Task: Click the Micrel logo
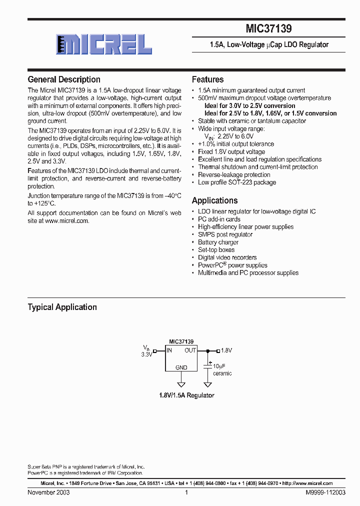pyautogui.click(x=104, y=44)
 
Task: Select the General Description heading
pyautogui.click(x=64, y=79)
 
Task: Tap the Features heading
pyautogui.click(x=207, y=79)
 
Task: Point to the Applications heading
pyautogui.click(x=214, y=200)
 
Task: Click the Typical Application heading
pyautogui.click(x=62, y=307)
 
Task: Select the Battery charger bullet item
pyautogui.click(x=218, y=242)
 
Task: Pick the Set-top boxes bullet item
pyautogui.click(x=216, y=249)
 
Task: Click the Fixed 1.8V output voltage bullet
pyautogui.click(x=231, y=151)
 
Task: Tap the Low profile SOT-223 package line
pyautogui.click(x=237, y=182)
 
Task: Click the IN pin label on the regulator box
pyautogui.click(x=169, y=350)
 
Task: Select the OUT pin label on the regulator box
pyautogui.click(x=190, y=350)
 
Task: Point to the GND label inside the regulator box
pyautogui.click(x=181, y=367)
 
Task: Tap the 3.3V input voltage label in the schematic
pyautogui.click(x=146, y=354)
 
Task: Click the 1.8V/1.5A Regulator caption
pyautogui.click(x=186, y=395)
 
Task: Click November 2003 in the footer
pyautogui.click(x=48, y=492)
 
